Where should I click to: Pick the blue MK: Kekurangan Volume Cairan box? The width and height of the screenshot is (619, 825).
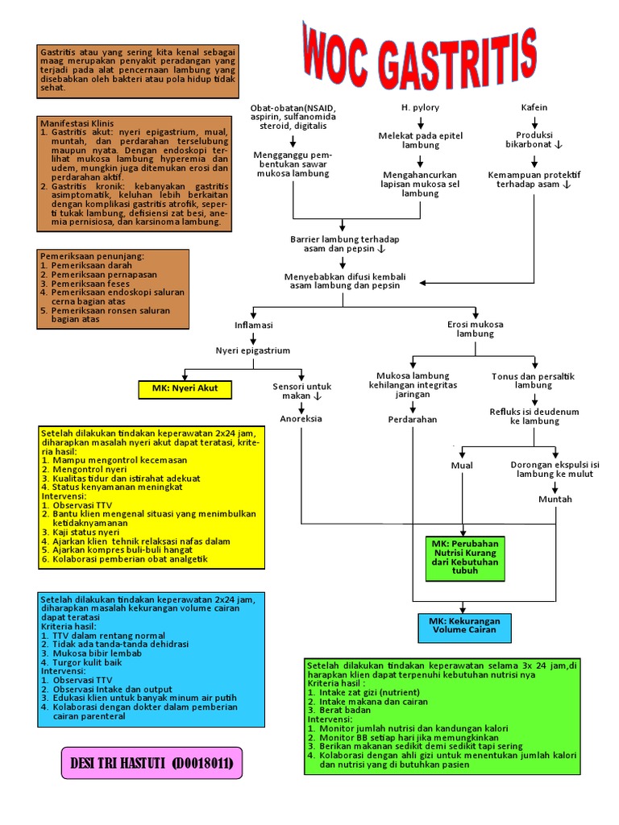pos(464,626)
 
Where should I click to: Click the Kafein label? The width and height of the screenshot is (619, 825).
pos(534,107)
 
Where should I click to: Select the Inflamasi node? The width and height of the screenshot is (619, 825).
pos(253,325)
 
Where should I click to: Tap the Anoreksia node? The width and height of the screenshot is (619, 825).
pos(301,419)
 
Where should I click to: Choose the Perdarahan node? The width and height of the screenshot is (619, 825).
pos(412,420)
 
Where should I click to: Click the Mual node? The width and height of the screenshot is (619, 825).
pos(462,465)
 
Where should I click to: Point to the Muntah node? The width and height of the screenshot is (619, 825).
pos(555,499)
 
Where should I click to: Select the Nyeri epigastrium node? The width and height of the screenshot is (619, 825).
pos(252,350)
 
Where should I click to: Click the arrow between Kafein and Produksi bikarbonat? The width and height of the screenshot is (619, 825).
pos(534,121)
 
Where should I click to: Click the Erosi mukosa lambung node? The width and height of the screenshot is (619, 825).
pos(476,329)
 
